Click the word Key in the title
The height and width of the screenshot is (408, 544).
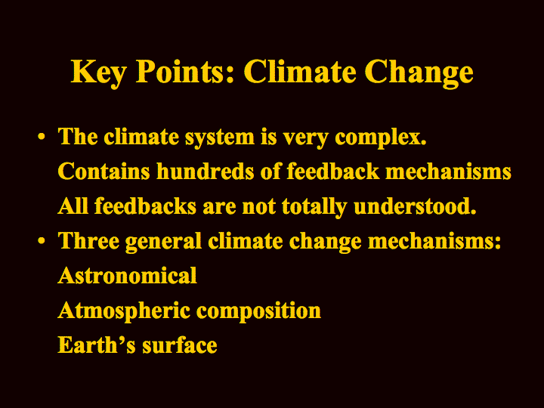pyautogui.click(x=98, y=73)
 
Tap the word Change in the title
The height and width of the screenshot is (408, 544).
pyautogui.click(x=419, y=73)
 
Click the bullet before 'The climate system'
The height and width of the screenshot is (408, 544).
pyautogui.click(x=42, y=137)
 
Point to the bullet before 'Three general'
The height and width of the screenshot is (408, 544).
pyautogui.click(x=42, y=240)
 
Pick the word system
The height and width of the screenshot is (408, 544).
pyautogui.click(x=220, y=138)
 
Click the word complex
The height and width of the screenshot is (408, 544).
pyautogui.click(x=381, y=138)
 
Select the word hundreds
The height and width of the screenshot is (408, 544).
pyautogui.click(x=206, y=171)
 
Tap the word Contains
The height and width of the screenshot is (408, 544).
pyautogui.click(x=104, y=171)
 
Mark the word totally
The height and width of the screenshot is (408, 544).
pyautogui.click(x=314, y=207)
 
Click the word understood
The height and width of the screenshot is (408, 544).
pyautogui.click(x=415, y=206)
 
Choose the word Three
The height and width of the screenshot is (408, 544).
pyautogui.click(x=89, y=240)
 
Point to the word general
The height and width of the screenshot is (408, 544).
pyautogui.click(x=163, y=242)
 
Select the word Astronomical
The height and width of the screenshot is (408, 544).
pyautogui.click(x=128, y=276)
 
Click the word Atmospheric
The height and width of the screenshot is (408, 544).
pyautogui.click(x=124, y=311)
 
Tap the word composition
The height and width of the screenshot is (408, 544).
pyautogui.click(x=258, y=311)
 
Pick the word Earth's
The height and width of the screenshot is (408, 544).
pyautogui.click(x=97, y=345)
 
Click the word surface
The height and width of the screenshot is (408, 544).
pyautogui.click(x=180, y=345)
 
